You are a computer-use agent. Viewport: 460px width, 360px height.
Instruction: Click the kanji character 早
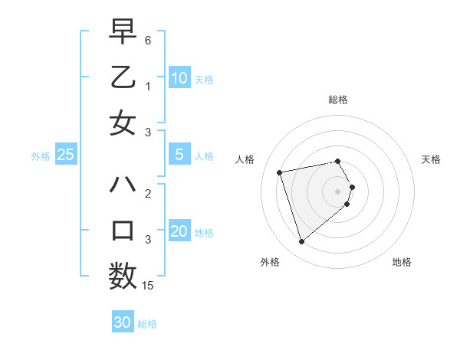[x=123, y=33]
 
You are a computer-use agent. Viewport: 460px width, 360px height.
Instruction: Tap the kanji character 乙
[x=123, y=78]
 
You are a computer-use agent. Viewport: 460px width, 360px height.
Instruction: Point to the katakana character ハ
[x=123, y=185]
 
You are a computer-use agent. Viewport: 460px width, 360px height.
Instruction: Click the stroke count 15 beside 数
[x=148, y=285]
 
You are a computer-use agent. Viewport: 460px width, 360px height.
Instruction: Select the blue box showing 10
[x=179, y=77]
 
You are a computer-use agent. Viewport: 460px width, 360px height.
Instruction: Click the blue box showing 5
[x=179, y=155]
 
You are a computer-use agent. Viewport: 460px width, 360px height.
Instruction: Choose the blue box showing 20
[x=179, y=231]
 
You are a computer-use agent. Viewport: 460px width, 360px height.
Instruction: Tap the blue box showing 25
[x=66, y=155]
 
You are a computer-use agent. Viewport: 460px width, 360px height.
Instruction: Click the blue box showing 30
[x=123, y=322]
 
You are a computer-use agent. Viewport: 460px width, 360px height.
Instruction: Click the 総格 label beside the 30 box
[x=147, y=324]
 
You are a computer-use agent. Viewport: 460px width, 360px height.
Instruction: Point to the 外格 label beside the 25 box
[x=41, y=156]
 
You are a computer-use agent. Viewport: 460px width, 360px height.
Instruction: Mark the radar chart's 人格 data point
[x=280, y=172]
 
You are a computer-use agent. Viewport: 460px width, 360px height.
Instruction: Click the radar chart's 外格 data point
[x=301, y=242]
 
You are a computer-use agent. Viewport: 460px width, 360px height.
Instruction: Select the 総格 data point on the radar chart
[x=337, y=161]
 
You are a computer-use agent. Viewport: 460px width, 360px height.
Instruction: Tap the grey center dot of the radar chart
[x=337, y=190]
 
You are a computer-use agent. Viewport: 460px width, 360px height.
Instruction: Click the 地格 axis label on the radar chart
[x=402, y=262]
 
